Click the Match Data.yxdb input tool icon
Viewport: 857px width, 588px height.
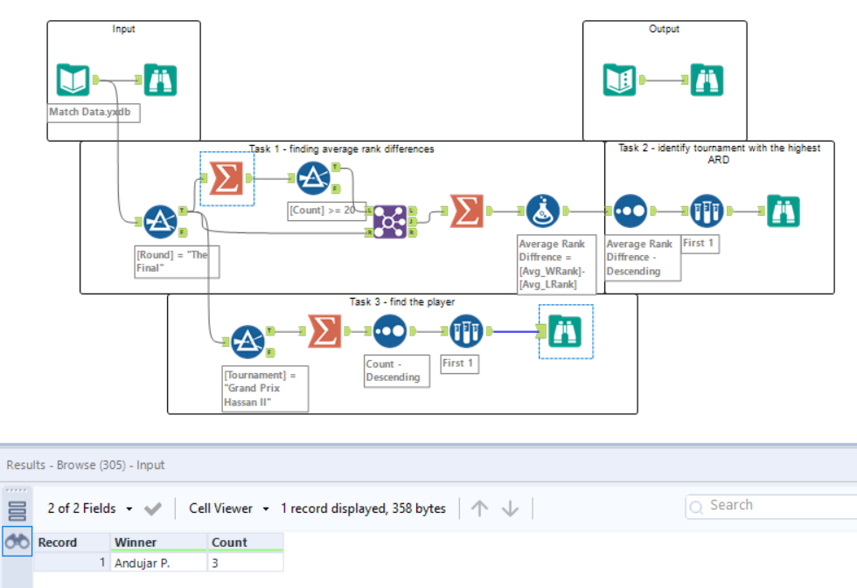tap(73, 80)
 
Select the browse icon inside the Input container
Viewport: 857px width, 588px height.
tap(160, 80)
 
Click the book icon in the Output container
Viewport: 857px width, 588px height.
tap(620, 80)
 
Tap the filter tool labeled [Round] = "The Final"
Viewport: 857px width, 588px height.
tap(160, 222)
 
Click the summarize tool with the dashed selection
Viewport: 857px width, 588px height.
tap(227, 179)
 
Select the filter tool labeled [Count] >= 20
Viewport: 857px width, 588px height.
tap(314, 179)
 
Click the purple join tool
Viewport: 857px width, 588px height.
tap(389, 222)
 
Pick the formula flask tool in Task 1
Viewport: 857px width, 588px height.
tap(543, 211)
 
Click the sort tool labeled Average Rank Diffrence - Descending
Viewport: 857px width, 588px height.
tap(631, 211)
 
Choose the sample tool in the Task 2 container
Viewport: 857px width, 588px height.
tap(707, 211)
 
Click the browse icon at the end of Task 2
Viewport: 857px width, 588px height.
tap(783, 211)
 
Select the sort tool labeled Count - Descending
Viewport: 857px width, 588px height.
tap(389, 332)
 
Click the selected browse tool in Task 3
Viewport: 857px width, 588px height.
tap(566, 331)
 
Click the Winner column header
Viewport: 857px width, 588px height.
tap(136, 543)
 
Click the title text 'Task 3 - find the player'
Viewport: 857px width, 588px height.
tap(402, 302)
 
